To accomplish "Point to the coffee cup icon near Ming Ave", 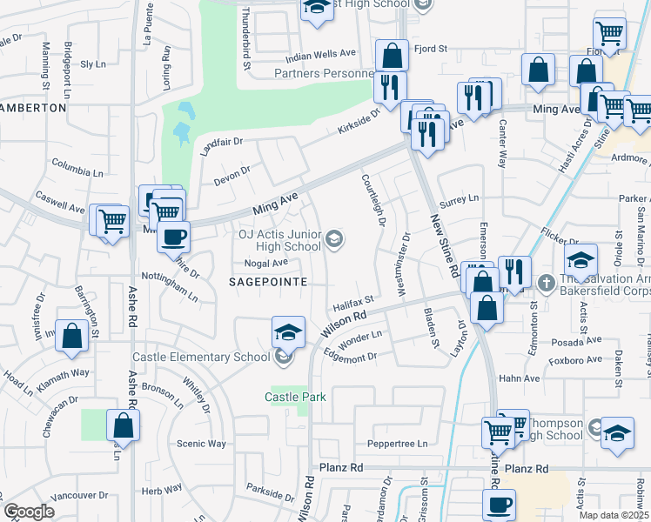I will coord(173,236).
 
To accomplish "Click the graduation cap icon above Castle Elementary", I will coord(288,331).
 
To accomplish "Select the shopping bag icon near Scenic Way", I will coord(123,426).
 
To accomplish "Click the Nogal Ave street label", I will coord(266,263).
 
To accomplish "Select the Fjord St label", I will coord(431,49).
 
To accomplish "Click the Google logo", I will coord(29,512).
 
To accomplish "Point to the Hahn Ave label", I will coord(519,378).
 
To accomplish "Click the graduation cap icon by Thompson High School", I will coord(616,434).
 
